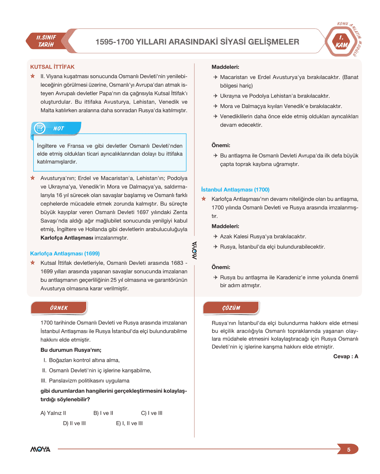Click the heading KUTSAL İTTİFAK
[x=52, y=67]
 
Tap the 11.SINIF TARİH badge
[x=46, y=41]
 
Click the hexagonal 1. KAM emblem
[x=341, y=42]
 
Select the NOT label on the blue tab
[x=59, y=129]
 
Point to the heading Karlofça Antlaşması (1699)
[x=65, y=254]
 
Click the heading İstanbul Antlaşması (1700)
[x=235, y=190]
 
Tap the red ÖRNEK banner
[x=59, y=308]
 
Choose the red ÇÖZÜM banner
[x=231, y=308]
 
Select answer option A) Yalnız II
[x=53, y=413]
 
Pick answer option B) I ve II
[x=103, y=413]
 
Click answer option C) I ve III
[x=152, y=413]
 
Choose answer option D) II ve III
[x=74, y=423]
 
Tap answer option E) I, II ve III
[x=129, y=423]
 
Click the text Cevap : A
[x=346, y=356]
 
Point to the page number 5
[x=349, y=450]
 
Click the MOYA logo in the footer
[x=40, y=449]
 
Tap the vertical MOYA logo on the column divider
[x=194, y=251]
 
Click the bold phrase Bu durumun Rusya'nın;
[x=71, y=350]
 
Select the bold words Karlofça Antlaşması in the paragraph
[x=67, y=238]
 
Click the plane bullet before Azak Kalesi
[x=215, y=237]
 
